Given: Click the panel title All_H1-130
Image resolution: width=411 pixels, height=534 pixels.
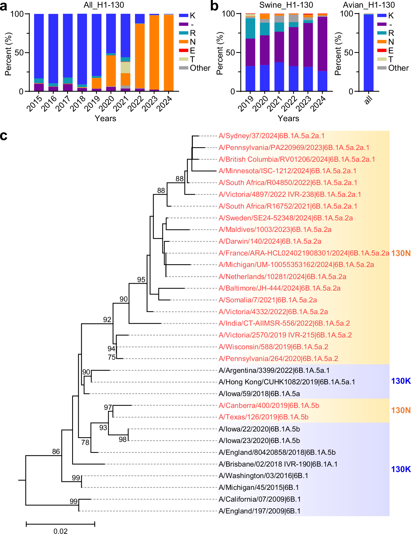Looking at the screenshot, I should coord(104,5).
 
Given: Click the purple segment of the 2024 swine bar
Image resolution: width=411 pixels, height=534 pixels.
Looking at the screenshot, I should coord(322,44).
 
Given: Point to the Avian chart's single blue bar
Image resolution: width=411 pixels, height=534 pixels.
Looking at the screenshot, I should coord(368,52).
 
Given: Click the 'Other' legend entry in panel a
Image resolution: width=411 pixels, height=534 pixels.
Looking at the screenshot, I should coord(200,68).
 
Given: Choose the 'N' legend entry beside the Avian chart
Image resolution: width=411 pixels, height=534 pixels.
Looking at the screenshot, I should coord(391,42).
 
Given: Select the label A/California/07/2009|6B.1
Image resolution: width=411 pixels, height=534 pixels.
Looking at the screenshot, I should coord(259,499).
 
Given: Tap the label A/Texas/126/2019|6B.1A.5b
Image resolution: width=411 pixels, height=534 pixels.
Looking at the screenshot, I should coord(263,417).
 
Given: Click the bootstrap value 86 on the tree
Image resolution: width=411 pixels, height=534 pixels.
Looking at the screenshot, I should coord(56,451).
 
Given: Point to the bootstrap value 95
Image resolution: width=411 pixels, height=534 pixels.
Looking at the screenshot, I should coord(141,280).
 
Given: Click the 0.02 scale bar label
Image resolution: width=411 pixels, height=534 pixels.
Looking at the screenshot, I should coord(60,531).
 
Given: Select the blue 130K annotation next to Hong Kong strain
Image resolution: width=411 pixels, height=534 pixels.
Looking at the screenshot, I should coord(401,381).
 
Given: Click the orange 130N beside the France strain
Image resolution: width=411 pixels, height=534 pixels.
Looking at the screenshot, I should coord(401,253).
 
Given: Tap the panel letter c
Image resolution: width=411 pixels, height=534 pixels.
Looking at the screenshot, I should coord(4,136).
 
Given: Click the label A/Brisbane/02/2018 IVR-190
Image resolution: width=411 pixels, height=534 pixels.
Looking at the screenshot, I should coord(278,464).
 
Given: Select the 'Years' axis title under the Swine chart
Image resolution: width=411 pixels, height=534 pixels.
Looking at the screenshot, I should coord(288,118).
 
